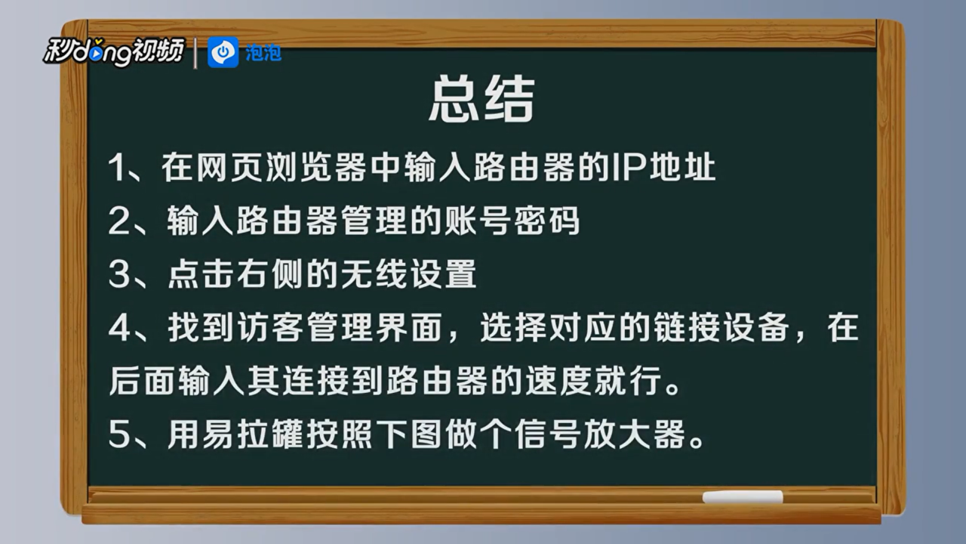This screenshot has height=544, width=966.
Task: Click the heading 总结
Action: pos(481,98)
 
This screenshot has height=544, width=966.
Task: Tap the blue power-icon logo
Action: pos(223,52)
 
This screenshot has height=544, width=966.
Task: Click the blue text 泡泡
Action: pos(263,53)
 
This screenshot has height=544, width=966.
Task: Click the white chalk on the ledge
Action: pos(743,496)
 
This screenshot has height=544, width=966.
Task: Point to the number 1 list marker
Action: pos(116,168)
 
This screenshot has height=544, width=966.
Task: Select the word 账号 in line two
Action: pos(478,221)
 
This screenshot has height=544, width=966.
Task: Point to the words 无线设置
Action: pos(409,274)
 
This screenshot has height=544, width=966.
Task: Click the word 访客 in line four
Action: pos(270,328)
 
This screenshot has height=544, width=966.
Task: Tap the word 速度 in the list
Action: pos(558,382)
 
